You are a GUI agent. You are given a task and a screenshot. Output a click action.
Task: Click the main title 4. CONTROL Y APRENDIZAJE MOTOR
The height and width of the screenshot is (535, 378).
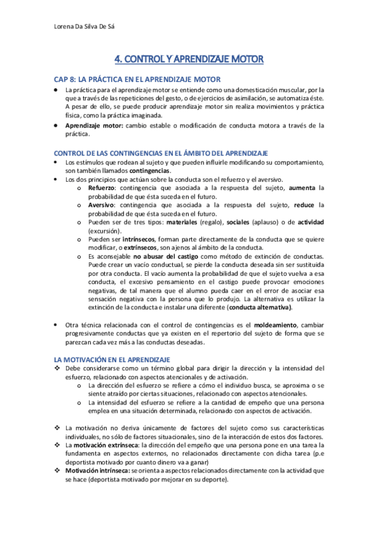pos(189,59)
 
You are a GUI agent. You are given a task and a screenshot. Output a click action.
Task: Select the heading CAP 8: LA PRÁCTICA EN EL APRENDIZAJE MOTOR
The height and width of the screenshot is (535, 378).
pos(137,79)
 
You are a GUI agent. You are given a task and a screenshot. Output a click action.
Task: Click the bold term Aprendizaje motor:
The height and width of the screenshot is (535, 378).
pos(95,126)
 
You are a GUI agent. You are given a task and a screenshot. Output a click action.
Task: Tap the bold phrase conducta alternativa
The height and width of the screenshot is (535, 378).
pos(261,307)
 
